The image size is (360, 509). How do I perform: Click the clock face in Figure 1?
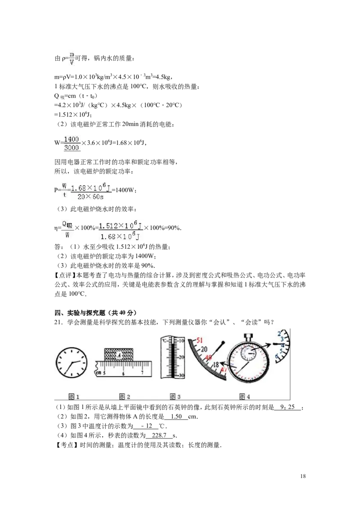point(72,362)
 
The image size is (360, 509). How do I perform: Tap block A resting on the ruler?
point(119,354)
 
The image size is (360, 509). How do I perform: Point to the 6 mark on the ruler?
point(123,373)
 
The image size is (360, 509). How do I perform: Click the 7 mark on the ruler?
point(142,373)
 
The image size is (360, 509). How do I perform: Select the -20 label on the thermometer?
point(181,357)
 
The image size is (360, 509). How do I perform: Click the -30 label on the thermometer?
point(181,375)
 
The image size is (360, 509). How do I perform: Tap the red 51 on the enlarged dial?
point(199,340)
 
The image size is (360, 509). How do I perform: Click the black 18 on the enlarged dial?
point(216,365)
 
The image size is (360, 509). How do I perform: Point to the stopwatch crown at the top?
point(249,337)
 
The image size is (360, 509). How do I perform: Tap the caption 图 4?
point(244,396)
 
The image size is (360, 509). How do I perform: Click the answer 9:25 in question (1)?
point(287,407)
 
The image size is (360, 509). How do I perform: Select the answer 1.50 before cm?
point(176,416)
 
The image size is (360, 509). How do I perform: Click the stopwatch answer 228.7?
point(159,435)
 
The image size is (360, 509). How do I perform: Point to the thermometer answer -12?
point(147,426)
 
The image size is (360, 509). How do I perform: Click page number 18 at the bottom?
point(303,476)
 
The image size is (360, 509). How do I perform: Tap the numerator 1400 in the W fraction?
point(72,139)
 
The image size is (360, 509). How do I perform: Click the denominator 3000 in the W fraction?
point(72,147)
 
